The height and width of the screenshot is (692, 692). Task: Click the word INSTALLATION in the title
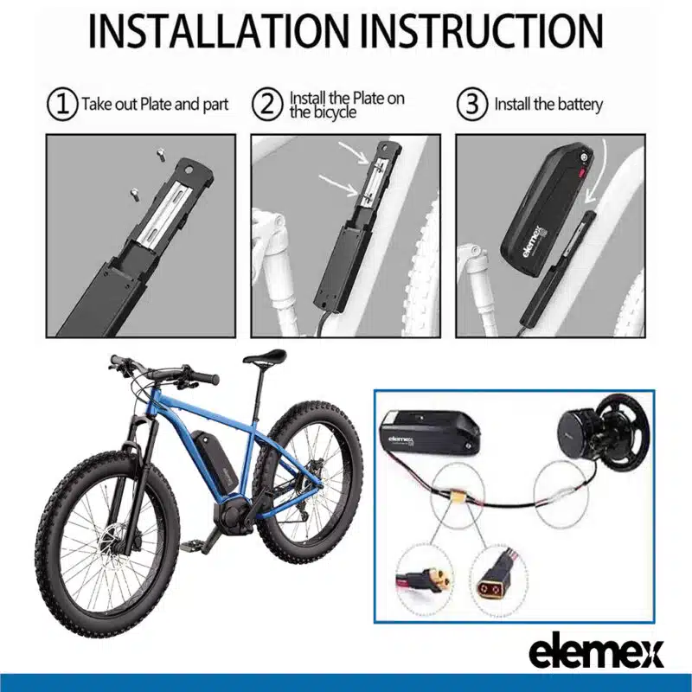tap(217, 31)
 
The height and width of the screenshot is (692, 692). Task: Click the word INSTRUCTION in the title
tap(482, 31)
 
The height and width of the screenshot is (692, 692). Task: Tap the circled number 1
tap(62, 105)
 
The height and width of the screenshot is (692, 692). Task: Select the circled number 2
tap(267, 105)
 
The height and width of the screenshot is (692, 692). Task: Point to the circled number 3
tap(471, 105)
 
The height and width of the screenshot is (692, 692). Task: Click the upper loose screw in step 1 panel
tap(160, 155)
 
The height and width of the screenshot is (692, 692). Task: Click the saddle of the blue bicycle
tap(265, 356)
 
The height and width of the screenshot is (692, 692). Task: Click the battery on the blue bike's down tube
tap(215, 458)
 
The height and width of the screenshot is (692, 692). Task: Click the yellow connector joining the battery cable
tap(457, 497)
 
